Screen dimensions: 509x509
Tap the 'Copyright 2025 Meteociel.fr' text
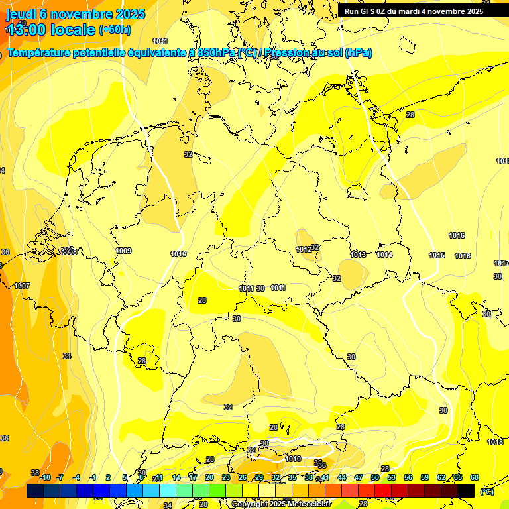pyautogui.click(x=281, y=504)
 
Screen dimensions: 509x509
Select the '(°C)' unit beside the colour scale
pyautogui.click(x=486, y=491)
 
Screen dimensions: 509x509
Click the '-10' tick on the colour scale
pyautogui.click(x=45, y=477)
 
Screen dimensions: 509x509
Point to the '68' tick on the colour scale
pyautogui.click(x=475, y=477)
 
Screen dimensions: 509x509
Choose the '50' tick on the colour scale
pyautogui.click(x=375, y=477)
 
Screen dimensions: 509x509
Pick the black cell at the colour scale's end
pyautogui.click(x=466, y=490)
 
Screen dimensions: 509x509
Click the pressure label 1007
pyautogui.click(x=22, y=286)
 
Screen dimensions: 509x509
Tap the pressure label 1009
pyautogui.click(x=123, y=251)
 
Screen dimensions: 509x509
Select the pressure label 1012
pyautogui.click(x=304, y=249)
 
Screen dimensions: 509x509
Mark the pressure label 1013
pyautogui.click(x=358, y=254)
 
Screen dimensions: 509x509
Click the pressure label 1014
pyautogui.click(x=384, y=254)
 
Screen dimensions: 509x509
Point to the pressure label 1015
pyautogui.click(x=437, y=255)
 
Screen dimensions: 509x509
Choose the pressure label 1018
pyautogui.click(x=495, y=442)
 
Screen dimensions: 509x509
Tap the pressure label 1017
pyautogui.click(x=502, y=263)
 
